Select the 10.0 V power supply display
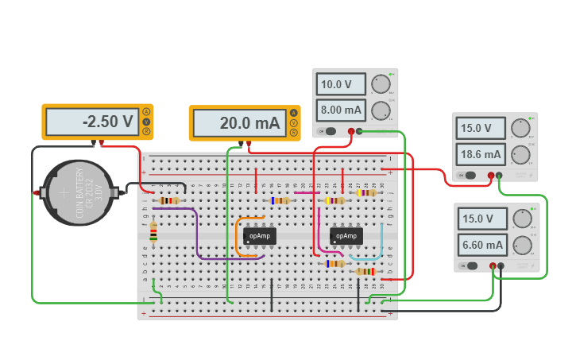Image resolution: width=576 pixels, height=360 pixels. click(x=341, y=84)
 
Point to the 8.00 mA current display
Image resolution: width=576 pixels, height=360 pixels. click(x=341, y=110)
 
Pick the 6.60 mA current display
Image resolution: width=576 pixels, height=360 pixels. click(x=483, y=245)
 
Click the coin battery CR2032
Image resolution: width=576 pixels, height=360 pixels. click(x=78, y=193)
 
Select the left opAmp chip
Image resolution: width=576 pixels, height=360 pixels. click(x=260, y=236)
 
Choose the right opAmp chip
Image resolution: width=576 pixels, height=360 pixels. click(x=346, y=236)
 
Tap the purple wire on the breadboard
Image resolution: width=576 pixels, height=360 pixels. click(x=196, y=238)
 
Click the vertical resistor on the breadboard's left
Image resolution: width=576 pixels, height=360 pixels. click(x=153, y=231)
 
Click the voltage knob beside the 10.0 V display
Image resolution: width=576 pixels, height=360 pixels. click(x=381, y=84)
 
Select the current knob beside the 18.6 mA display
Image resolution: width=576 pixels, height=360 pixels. click(x=521, y=153)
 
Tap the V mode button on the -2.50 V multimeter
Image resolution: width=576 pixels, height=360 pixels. click(x=146, y=122)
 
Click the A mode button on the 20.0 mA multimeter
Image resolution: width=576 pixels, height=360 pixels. click(x=293, y=114)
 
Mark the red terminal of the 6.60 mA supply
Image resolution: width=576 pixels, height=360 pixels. click(x=493, y=266)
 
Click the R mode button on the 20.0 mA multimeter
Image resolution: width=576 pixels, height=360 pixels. click(x=293, y=133)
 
